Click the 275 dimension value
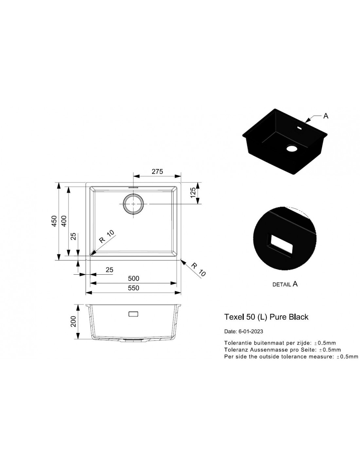click(x=157, y=172)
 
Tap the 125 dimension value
click(x=193, y=193)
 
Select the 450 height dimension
click(x=54, y=221)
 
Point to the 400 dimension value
click(x=64, y=221)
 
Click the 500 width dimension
click(x=134, y=278)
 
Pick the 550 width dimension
click(x=134, y=288)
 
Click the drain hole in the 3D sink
click(x=292, y=148)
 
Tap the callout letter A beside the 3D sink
click(x=326, y=116)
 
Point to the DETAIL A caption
click(x=285, y=284)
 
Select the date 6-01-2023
click(x=251, y=332)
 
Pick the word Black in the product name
click(x=299, y=317)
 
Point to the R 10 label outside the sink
click(x=198, y=269)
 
